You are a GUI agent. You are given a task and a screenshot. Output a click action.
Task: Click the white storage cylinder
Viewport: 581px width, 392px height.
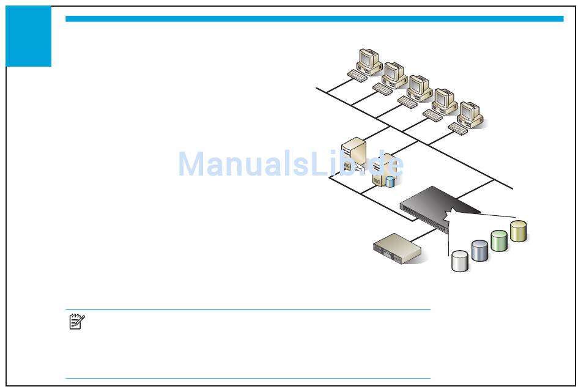click(x=460, y=261)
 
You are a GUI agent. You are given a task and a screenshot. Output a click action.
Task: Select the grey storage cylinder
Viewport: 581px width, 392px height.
click(x=480, y=250)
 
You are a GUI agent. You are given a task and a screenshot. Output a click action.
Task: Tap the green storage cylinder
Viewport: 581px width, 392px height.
click(x=499, y=240)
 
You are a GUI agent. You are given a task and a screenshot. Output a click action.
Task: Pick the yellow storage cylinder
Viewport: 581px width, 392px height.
click(x=519, y=231)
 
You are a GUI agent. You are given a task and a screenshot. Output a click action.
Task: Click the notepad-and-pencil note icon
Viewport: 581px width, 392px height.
click(x=77, y=322)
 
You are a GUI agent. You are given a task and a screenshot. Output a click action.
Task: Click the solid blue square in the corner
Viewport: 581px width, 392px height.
click(x=29, y=37)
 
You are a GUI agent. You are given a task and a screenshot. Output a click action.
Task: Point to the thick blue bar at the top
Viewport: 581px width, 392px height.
click(x=314, y=19)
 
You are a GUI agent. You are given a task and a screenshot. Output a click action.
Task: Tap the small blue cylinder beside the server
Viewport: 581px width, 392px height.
click(x=390, y=181)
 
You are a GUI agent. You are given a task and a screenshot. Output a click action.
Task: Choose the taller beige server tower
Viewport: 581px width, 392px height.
click(x=354, y=153)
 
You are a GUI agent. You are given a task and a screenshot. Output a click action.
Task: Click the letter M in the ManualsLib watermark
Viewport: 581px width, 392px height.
click(x=191, y=164)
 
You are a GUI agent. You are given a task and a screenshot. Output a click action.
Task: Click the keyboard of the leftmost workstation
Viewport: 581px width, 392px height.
click(x=358, y=75)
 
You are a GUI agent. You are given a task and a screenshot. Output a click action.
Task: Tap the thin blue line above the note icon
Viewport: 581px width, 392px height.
click(x=248, y=309)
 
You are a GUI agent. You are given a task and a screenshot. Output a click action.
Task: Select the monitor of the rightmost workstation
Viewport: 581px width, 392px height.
click(x=469, y=112)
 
